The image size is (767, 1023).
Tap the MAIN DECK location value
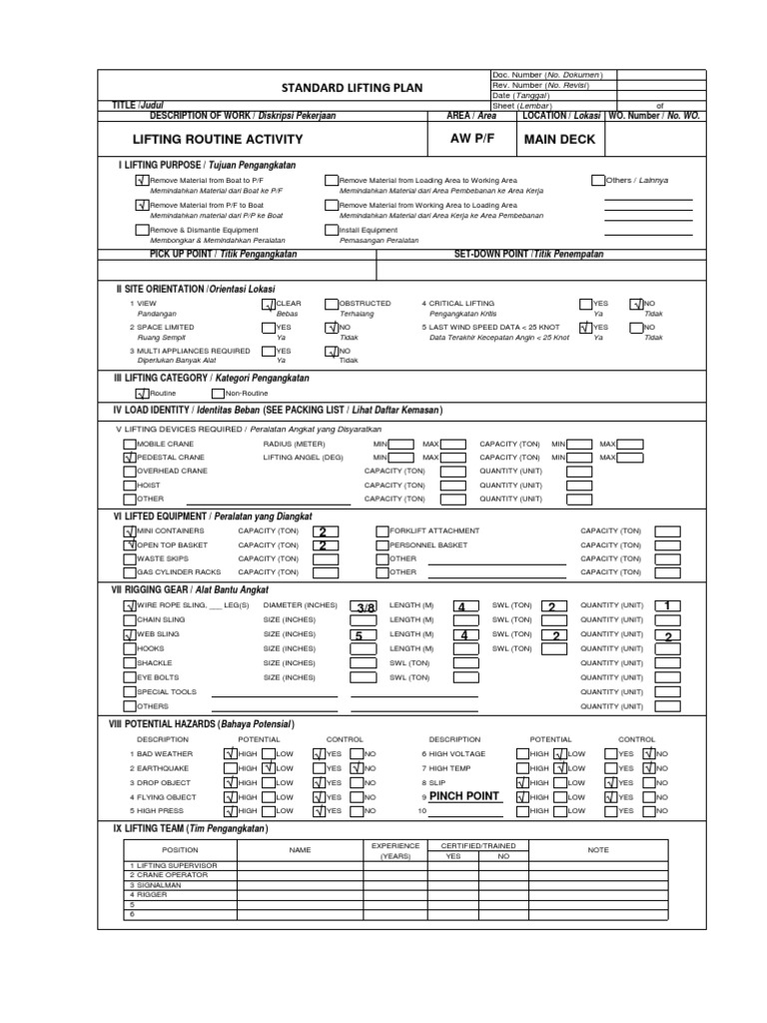(559, 139)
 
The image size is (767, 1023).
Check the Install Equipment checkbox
(331, 229)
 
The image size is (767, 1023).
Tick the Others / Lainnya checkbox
(598, 180)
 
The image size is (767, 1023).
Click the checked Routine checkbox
(141, 393)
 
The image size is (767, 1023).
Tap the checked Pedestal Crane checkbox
(129, 457)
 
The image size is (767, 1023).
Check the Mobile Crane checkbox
(129, 443)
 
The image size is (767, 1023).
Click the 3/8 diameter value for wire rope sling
(366, 606)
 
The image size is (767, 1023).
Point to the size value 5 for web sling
(358, 634)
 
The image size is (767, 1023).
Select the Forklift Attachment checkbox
(382, 531)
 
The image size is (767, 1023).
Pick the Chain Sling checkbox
(129, 620)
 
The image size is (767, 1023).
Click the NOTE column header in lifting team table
(598, 850)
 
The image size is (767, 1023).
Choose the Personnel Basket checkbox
(382, 545)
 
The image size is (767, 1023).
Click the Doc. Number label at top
(513, 75)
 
